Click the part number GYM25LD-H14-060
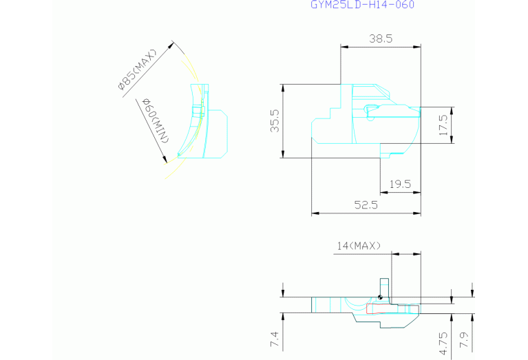click(x=362, y=5)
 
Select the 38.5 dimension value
click(x=381, y=39)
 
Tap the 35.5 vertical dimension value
click(x=275, y=120)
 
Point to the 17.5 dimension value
click(x=443, y=125)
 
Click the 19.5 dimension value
click(x=401, y=184)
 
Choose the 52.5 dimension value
click(x=366, y=204)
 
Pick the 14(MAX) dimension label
click(x=359, y=246)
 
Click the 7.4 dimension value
click(x=275, y=339)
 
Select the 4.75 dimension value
click(x=444, y=343)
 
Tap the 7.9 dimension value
click(x=464, y=340)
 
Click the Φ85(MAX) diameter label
click(x=138, y=70)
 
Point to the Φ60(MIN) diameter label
click(x=156, y=120)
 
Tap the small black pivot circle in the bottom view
click(x=380, y=297)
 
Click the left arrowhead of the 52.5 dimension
click(x=315, y=213)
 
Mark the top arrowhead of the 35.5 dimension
click(x=283, y=88)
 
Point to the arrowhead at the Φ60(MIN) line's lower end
click(x=165, y=159)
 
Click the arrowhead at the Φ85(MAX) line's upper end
click(x=171, y=45)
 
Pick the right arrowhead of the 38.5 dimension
click(x=417, y=47)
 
